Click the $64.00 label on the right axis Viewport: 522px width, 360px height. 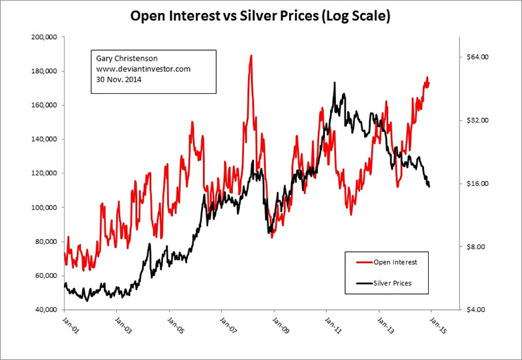[475, 57]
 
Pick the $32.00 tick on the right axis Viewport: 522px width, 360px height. [475, 121]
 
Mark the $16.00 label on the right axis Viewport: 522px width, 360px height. [475, 184]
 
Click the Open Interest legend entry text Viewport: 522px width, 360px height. [395, 262]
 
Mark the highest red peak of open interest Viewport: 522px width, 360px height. [251, 56]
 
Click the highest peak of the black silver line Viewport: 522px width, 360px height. [334, 83]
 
